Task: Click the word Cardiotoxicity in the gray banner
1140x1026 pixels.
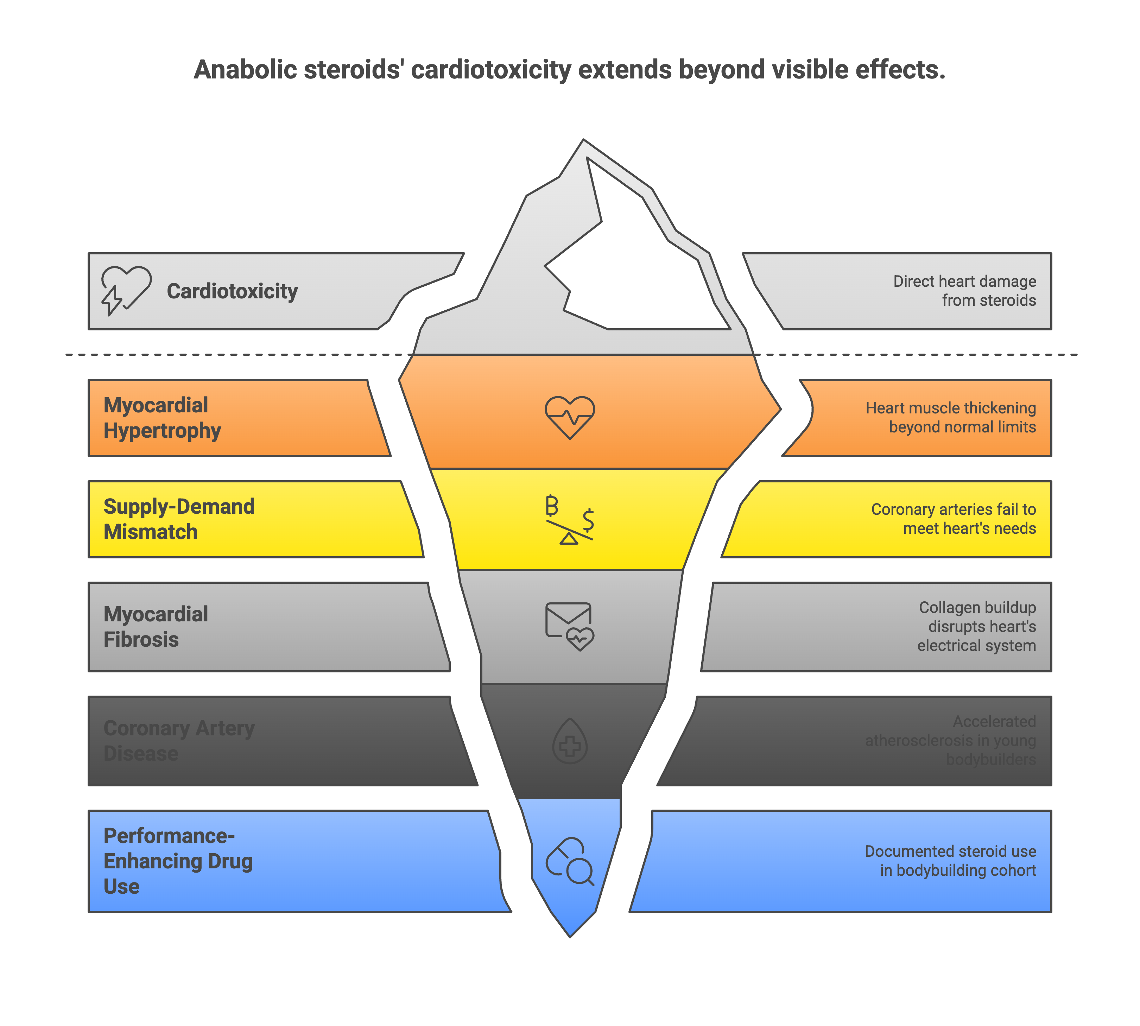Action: pos(232,291)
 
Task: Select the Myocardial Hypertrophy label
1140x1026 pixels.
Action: pos(162,418)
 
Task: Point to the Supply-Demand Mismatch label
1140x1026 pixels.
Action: pos(179,519)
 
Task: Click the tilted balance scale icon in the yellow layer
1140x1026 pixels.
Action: pos(569,519)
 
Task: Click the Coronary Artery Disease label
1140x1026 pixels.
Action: pos(179,741)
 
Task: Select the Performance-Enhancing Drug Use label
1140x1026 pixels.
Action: pos(178,861)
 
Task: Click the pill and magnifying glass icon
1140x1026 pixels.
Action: pos(569,861)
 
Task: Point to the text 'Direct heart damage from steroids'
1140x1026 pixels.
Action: pos(964,291)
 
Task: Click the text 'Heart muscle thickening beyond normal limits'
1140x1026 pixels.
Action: pos(951,418)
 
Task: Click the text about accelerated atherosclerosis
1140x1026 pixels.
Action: pos(951,741)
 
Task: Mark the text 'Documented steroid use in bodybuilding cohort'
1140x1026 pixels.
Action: pos(951,861)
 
